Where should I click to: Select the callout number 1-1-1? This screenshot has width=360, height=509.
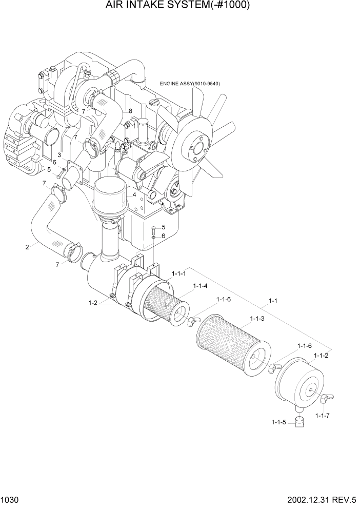179,275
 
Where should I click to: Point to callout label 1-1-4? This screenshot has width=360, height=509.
200,286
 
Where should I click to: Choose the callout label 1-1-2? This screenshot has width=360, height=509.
321,355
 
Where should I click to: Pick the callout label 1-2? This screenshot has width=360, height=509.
93,303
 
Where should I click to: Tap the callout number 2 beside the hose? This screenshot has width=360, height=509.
27,247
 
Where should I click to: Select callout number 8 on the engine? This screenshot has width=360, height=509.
130,111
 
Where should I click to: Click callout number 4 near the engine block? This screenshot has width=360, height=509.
134,194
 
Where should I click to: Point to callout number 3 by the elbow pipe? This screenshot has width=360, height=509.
59,154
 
